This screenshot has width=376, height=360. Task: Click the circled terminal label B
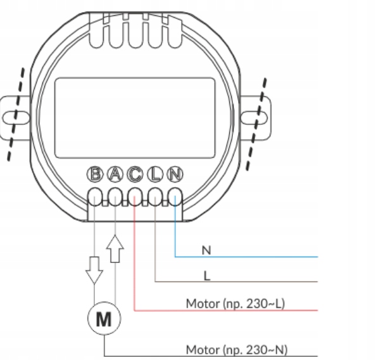coord(95,174)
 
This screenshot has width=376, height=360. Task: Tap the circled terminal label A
coord(115,174)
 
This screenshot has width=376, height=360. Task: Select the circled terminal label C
coord(135,174)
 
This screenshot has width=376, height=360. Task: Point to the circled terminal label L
coord(155,174)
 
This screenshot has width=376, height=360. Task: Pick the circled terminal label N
coord(175,174)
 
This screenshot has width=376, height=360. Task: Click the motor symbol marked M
coord(104,318)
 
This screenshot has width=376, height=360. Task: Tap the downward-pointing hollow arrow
coord(94,270)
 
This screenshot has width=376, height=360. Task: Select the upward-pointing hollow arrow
coord(115,249)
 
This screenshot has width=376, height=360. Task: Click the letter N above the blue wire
coord(206,250)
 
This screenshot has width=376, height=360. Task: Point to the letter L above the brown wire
coord(207,276)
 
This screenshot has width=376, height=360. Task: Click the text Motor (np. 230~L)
coord(235,304)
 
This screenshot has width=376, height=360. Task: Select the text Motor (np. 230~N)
coord(237,350)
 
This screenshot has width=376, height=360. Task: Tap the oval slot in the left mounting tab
coord(16,118)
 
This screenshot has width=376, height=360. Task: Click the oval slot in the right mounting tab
coord(254,117)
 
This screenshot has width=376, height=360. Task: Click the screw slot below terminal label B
coord(95,197)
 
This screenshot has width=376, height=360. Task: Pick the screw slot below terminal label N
coord(175,197)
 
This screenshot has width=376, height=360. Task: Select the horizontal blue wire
coord(246,257)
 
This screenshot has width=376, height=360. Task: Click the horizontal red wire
coord(226,311)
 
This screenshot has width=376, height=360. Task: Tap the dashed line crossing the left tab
coord(16,115)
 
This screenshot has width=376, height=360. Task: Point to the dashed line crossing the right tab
coord(256,124)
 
